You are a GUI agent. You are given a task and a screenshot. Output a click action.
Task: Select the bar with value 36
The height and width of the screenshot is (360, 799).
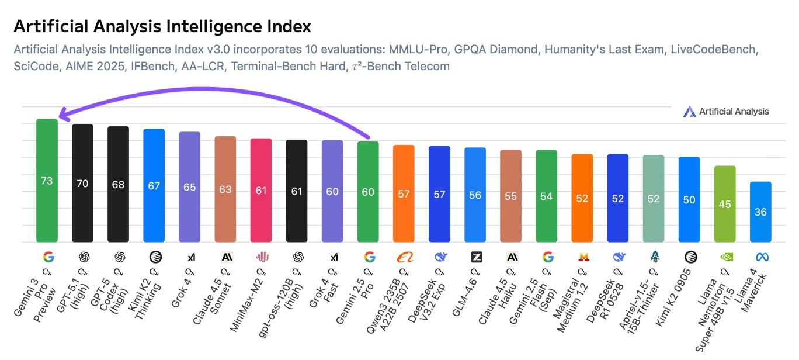click(760, 212)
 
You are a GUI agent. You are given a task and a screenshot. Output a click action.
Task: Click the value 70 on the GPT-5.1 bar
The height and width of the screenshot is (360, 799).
click(82, 184)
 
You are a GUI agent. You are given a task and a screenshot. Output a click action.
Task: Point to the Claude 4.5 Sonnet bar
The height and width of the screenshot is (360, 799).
click(225, 189)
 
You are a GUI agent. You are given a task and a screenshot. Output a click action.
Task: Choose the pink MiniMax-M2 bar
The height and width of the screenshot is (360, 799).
click(261, 190)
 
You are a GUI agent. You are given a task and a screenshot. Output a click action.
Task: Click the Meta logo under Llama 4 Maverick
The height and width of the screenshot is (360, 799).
click(761, 257)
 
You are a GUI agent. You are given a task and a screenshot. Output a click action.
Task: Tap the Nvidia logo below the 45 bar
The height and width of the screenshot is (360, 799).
click(725, 257)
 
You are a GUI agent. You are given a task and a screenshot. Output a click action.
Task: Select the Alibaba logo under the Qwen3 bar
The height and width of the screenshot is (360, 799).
click(404, 257)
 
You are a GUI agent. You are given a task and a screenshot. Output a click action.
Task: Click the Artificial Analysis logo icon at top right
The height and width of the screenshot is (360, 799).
click(689, 112)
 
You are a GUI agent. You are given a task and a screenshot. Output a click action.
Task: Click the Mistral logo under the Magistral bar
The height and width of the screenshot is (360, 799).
click(582, 257)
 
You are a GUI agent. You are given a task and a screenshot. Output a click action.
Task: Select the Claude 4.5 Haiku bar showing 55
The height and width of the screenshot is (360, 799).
click(511, 196)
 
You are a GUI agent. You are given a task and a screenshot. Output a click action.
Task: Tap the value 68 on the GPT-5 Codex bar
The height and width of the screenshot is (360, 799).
click(118, 184)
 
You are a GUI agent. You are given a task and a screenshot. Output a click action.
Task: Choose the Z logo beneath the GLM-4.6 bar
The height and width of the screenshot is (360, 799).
click(475, 257)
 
